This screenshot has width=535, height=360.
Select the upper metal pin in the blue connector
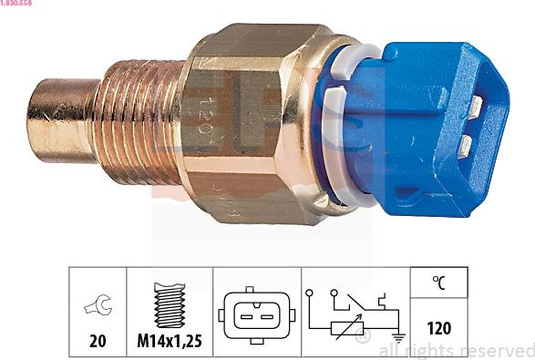(475, 106)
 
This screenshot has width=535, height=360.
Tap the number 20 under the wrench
(96, 342)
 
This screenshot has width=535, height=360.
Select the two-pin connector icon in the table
(257, 315)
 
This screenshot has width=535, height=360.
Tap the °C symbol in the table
(439, 283)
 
